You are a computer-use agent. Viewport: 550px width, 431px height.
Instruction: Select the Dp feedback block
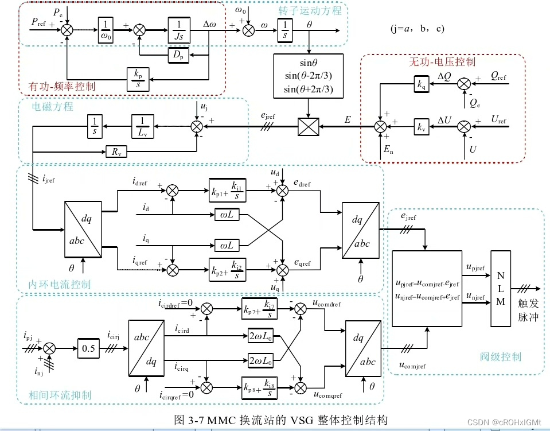coord(178,55)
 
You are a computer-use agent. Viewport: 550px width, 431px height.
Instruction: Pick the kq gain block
coord(422,84)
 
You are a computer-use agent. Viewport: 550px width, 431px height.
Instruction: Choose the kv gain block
coord(422,126)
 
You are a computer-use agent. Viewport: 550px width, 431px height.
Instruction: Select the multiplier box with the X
coord(309,126)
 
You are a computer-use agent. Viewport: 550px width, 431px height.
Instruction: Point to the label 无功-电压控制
coord(442,61)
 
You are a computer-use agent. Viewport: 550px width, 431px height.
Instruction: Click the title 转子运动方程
coord(310,10)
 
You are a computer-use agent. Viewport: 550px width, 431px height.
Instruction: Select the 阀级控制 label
coord(501,357)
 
